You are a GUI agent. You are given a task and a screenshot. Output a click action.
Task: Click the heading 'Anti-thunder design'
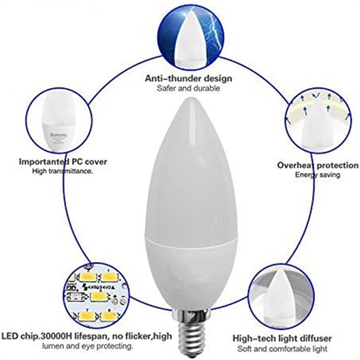point(188,78)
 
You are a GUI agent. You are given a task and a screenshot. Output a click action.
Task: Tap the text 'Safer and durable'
point(188,89)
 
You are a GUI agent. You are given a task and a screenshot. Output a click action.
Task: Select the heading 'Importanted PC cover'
point(63,161)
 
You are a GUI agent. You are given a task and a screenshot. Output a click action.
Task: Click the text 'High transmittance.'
point(63,171)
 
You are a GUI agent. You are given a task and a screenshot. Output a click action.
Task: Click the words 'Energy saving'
point(318,175)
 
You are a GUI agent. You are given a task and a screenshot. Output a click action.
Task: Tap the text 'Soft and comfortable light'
point(282,349)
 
